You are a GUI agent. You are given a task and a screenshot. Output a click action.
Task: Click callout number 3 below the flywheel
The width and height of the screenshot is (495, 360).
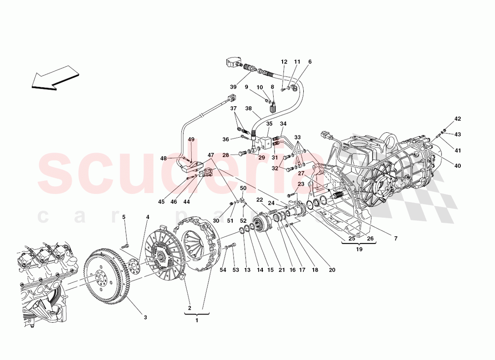click(x=145, y=317)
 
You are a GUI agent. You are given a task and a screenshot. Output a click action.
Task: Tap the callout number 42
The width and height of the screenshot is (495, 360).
click(x=457, y=119)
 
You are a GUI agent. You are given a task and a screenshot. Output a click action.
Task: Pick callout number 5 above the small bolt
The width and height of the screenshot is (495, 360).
click(x=125, y=217)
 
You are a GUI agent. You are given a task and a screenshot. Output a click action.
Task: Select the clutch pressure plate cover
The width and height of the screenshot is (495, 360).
click(x=198, y=245)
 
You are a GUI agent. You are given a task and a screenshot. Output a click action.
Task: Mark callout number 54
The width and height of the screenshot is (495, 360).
click(x=222, y=270)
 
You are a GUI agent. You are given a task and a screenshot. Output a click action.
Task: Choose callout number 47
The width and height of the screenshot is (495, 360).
click(x=211, y=155)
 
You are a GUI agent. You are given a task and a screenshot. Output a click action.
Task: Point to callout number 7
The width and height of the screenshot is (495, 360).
click(x=396, y=238)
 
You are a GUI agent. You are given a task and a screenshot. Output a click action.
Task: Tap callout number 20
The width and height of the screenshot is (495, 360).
click(x=332, y=270)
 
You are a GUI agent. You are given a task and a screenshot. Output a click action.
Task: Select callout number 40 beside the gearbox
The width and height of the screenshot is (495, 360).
click(x=457, y=166)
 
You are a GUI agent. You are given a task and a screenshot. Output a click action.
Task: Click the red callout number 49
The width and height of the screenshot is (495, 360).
click(x=191, y=139)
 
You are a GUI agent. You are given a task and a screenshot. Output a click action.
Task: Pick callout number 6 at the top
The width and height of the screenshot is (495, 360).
click(x=310, y=62)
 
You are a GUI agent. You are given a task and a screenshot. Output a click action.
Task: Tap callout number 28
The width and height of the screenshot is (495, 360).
click(x=226, y=155)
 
